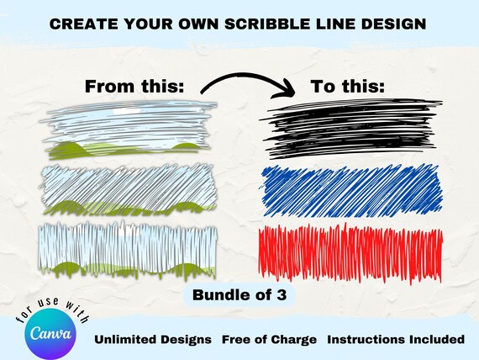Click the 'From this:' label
tap(134, 87)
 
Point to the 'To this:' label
tap(348, 87)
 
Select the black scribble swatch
tap(351, 129)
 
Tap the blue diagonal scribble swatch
tap(352, 190)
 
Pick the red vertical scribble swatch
tap(350, 253)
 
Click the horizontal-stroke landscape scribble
tap(129, 130)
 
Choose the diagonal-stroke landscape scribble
tap(129, 189)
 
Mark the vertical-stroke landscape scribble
tap(128, 250)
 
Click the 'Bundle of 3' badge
tap(239, 295)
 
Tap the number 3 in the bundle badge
tap(282, 295)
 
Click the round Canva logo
tap(50, 334)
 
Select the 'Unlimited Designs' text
tap(153, 340)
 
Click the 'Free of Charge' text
tap(269, 340)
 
